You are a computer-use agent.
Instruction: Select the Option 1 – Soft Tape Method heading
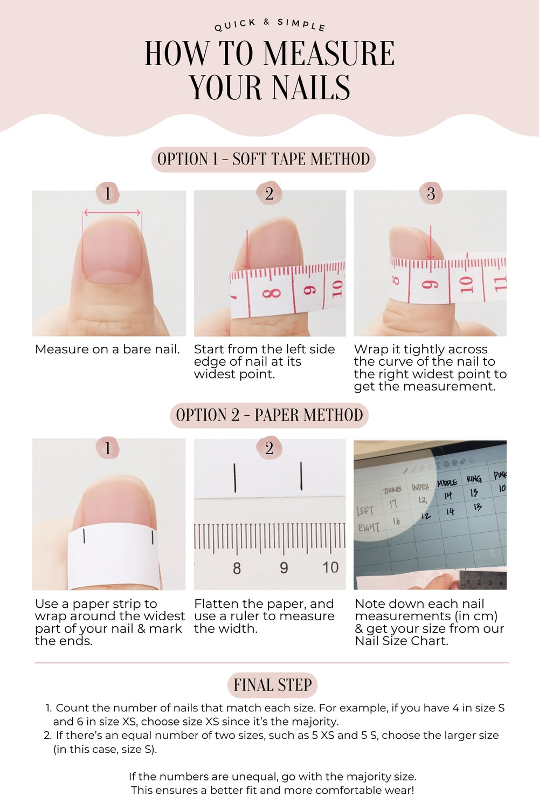coord(263,159)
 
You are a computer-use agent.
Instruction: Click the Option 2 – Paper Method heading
coord(269,415)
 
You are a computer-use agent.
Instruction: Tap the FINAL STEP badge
coord(272,685)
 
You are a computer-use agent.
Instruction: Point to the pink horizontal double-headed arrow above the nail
coord(112,212)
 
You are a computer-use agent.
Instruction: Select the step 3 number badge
coord(431,193)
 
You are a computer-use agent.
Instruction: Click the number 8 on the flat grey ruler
coord(237,568)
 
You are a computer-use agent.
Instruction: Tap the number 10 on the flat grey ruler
coord(330,567)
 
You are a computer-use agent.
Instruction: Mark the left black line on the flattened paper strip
coord(235,477)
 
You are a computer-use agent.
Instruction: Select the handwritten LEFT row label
coord(365,511)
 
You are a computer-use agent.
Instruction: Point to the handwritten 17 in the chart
coord(393,504)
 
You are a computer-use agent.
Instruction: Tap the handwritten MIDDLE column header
coord(447,483)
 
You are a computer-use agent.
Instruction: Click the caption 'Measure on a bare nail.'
coord(107,349)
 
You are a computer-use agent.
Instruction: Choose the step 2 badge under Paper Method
coord(269,448)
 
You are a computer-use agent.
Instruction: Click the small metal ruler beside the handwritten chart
coord(483,581)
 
